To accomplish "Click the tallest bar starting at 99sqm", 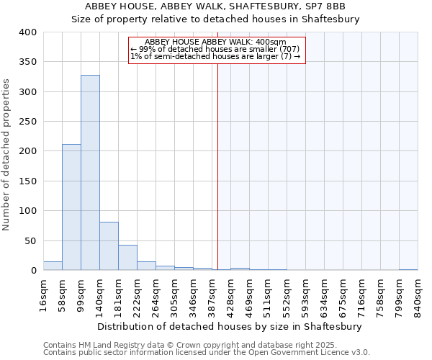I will point(90,173).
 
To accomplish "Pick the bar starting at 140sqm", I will point(109,246).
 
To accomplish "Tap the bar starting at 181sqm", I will point(127,258).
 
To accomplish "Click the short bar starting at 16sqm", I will point(53,266).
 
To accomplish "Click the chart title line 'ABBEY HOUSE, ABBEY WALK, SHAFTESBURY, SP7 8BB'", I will point(215,6).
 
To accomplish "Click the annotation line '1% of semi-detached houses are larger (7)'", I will point(216,56).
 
